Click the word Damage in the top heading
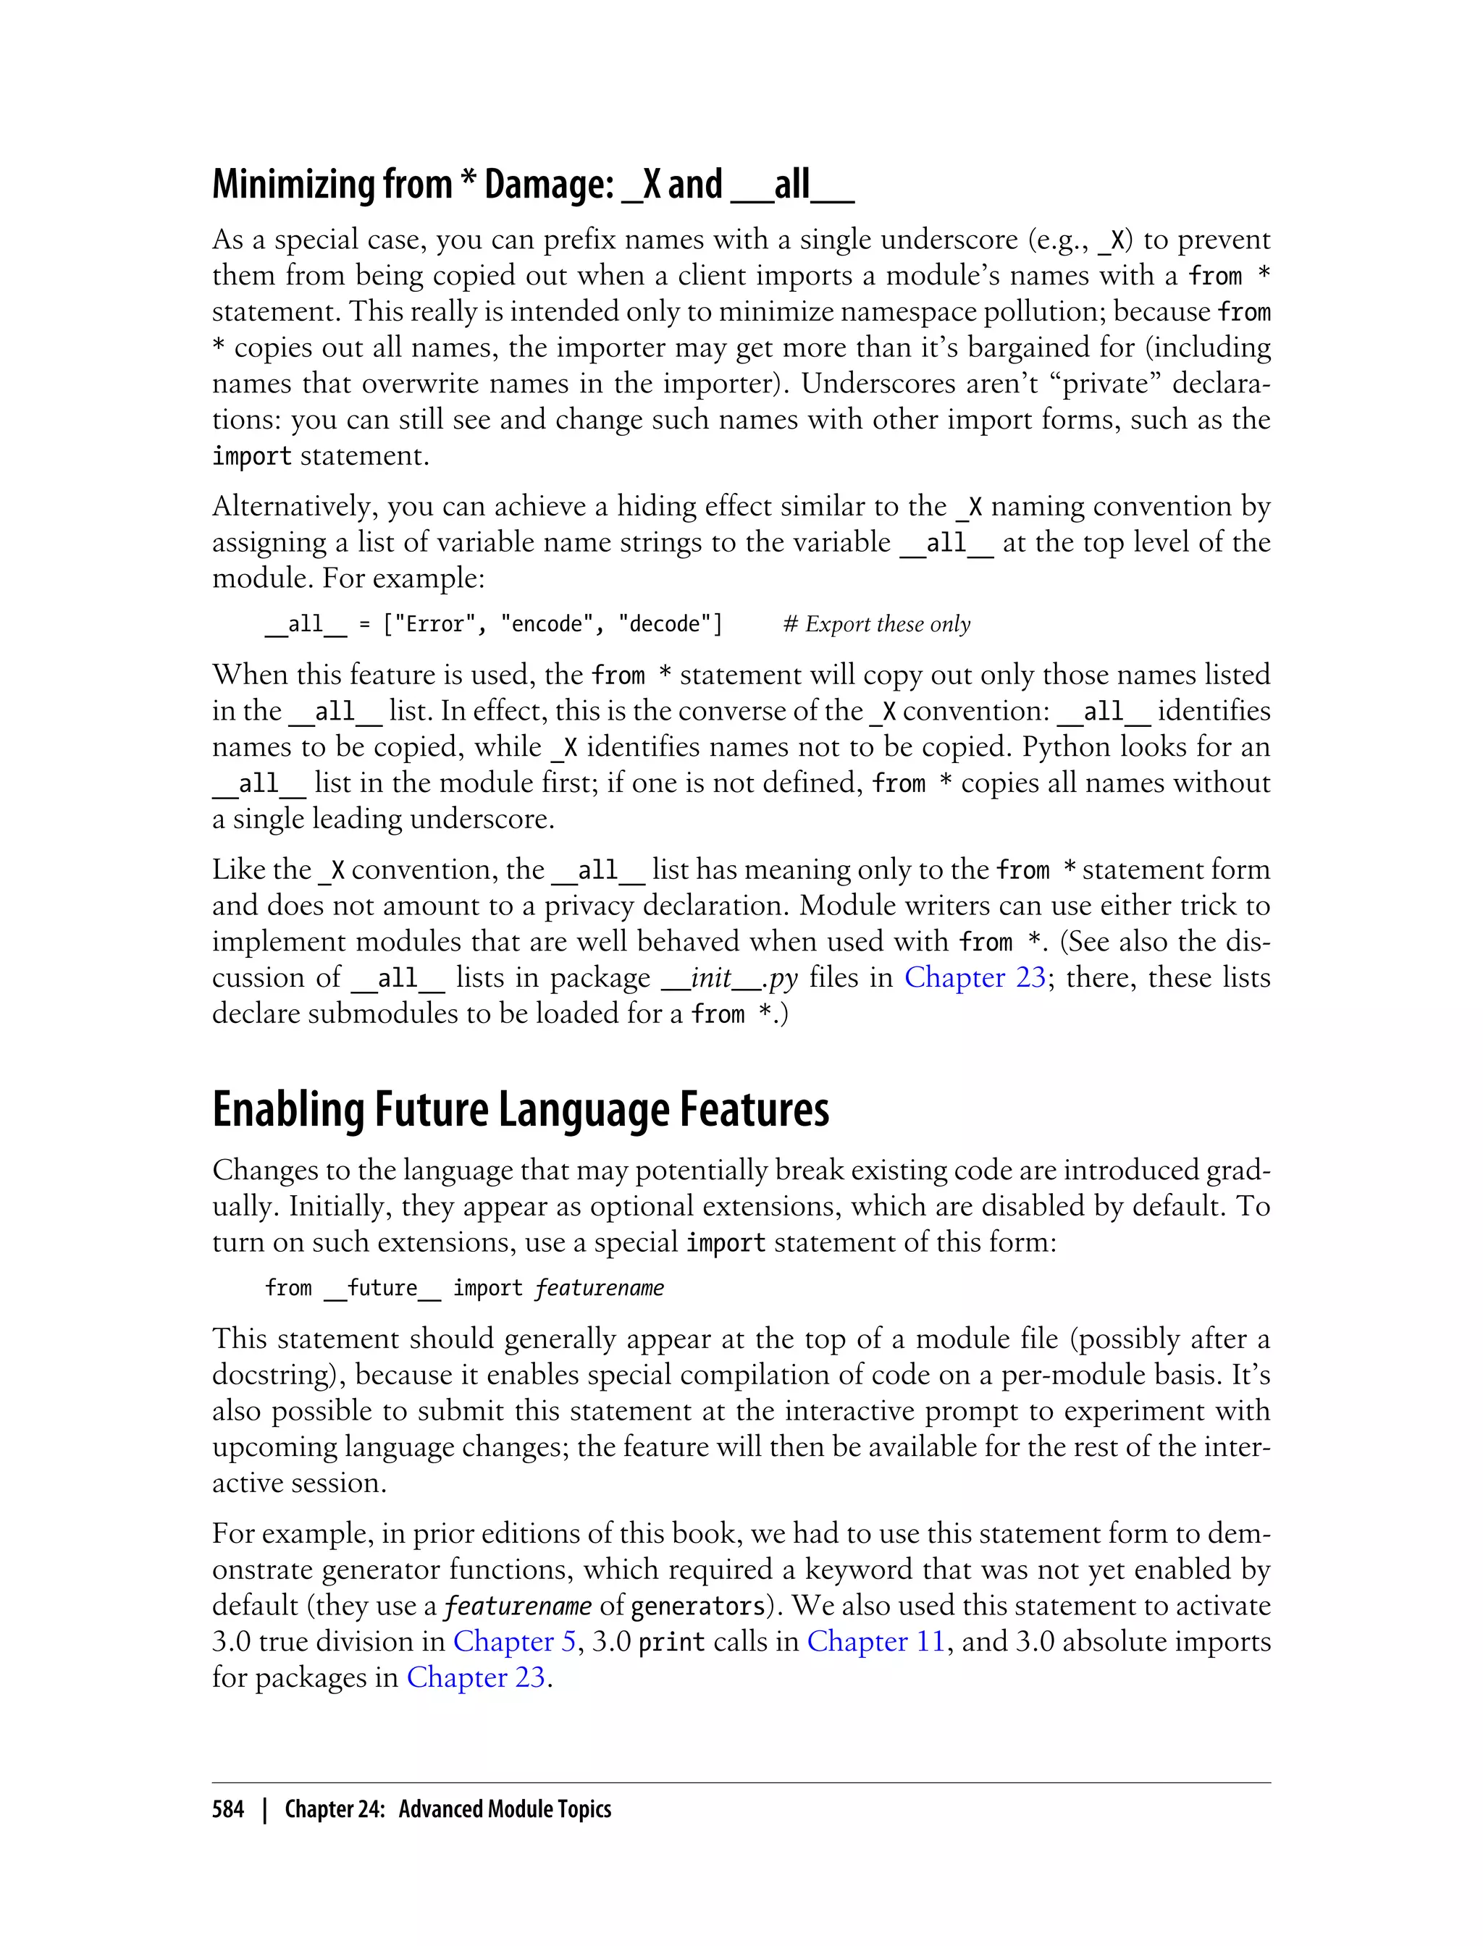[549, 185]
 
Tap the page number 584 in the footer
[228, 1809]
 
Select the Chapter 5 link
[513, 1641]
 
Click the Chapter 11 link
[875, 1641]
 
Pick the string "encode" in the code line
[541, 625]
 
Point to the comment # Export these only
[877, 625]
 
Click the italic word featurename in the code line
[600, 1289]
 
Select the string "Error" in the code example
[429, 625]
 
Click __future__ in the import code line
[382, 1289]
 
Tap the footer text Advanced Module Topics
[504, 1809]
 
